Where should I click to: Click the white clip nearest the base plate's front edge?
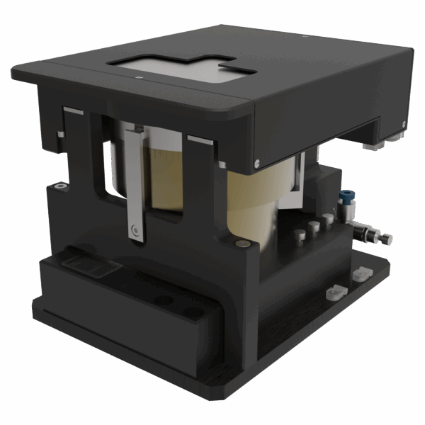pos(332,290)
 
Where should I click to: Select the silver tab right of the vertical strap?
pos(200,140)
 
